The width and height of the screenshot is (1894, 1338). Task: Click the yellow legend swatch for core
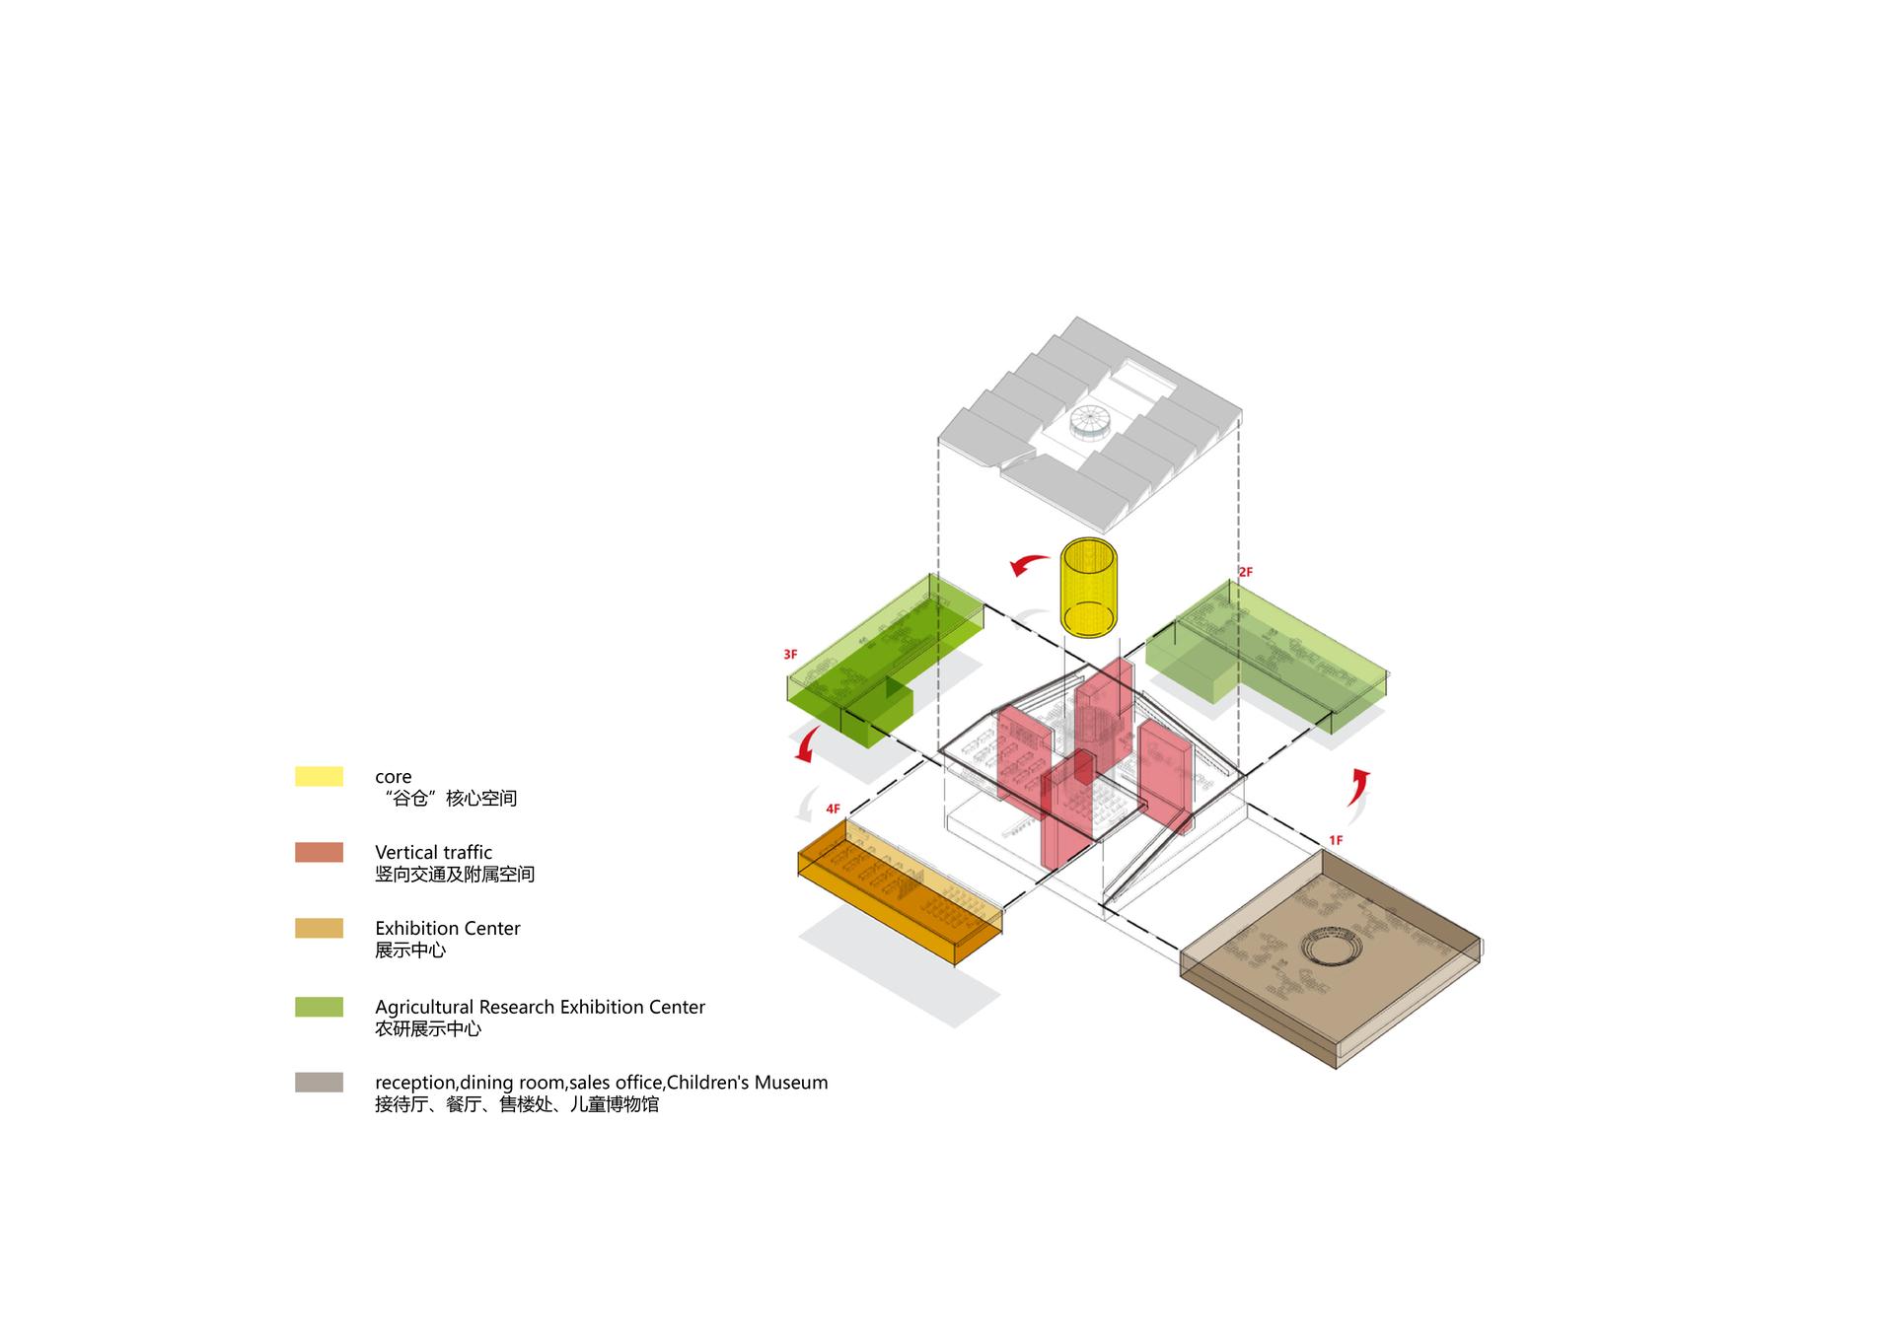point(319,776)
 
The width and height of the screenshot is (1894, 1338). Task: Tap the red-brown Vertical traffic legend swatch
point(319,852)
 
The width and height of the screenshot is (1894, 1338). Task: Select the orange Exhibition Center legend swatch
point(319,928)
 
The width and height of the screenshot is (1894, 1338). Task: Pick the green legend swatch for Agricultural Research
point(319,1007)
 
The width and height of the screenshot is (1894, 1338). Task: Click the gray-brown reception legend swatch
point(319,1082)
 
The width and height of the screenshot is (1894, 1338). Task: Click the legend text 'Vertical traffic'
point(433,852)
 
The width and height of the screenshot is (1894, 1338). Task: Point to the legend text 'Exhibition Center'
point(447,928)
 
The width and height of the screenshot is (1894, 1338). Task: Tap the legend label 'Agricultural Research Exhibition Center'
point(540,1007)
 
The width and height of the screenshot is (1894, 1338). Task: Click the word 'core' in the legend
point(393,777)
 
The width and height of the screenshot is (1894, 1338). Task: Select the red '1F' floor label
point(1335,840)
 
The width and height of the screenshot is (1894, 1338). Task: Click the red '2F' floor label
point(1245,572)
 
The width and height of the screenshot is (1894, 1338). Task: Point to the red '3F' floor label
point(790,655)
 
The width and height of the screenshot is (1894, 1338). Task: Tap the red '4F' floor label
point(833,810)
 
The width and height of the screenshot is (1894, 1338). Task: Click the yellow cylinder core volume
point(1088,588)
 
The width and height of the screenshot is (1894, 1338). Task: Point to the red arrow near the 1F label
point(1358,786)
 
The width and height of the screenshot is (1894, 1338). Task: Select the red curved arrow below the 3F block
point(806,745)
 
